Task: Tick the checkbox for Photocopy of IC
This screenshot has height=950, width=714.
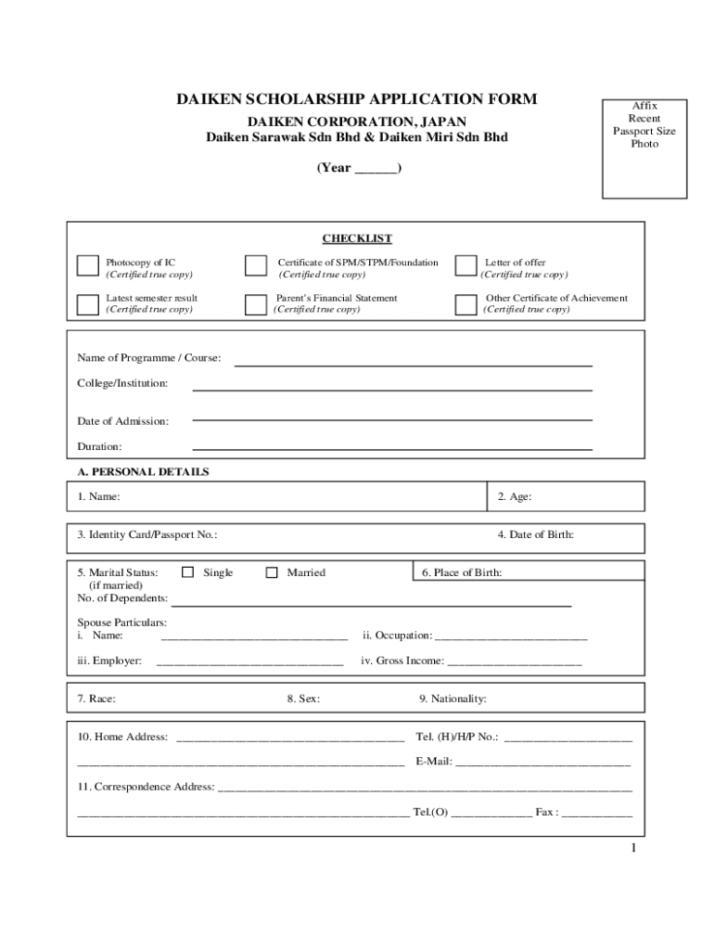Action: coord(87,266)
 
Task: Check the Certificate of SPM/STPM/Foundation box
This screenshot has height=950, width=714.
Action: coord(255,266)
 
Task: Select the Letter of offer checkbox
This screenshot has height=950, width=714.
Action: coord(465,266)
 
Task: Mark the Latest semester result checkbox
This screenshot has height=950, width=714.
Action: coord(87,303)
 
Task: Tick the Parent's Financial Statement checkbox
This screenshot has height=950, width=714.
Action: coord(255,303)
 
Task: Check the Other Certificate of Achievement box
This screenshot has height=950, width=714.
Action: coord(465,303)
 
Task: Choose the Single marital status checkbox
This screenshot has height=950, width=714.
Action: coord(189,572)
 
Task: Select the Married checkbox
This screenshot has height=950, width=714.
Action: coord(272,572)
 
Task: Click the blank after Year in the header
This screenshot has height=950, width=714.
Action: coord(376,169)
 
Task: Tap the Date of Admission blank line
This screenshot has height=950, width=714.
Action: coord(391,417)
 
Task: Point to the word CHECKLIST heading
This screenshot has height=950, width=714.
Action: coord(357,238)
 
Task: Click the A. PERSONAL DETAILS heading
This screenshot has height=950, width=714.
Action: coord(143,471)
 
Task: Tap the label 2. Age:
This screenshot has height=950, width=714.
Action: coord(514,496)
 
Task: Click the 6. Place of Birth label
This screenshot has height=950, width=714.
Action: coord(462,572)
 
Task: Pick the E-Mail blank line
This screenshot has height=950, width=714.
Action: coord(542,764)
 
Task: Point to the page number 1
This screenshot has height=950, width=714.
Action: coord(631,850)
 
